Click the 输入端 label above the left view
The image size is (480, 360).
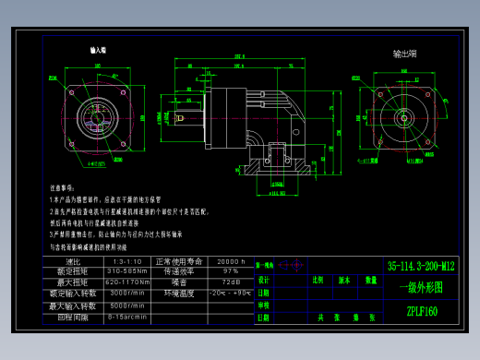coord(99,51)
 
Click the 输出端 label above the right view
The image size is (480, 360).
coord(405,54)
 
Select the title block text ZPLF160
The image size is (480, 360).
coord(422,311)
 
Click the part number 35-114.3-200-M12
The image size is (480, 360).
coord(421,266)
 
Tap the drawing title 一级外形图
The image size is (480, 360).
coord(421,287)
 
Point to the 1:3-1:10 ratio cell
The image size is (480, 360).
coord(127,261)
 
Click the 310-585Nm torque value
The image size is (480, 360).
coord(127,271)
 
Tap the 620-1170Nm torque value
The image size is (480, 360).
coord(127,282)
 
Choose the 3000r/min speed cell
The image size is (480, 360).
coord(127,294)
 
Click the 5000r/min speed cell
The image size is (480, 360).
coord(127,305)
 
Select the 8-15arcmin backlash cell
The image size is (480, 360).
coord(127,317)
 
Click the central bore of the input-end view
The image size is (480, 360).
coord(99,116)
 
